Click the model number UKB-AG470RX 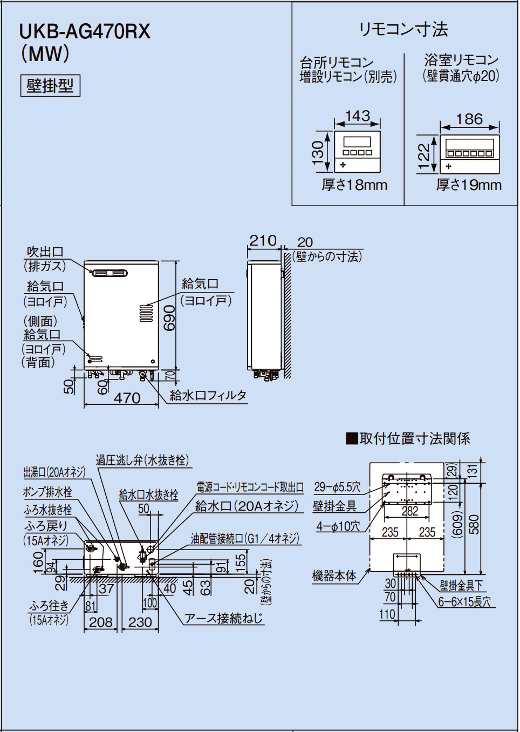85,32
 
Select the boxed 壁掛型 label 50,86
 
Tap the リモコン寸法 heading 403,29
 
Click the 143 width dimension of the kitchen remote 357,116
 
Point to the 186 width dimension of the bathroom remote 469,119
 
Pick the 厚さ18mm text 354,185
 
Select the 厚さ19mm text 469,185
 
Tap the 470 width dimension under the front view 127,398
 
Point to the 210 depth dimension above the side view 263,241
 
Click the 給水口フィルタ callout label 208,396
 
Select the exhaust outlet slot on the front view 110,273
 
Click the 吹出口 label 45,252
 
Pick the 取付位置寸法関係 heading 408,438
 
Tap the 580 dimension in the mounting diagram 474,524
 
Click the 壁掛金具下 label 461,585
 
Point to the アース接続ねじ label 224,619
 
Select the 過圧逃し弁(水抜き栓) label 142,460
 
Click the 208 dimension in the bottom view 101,622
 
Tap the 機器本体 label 334,576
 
